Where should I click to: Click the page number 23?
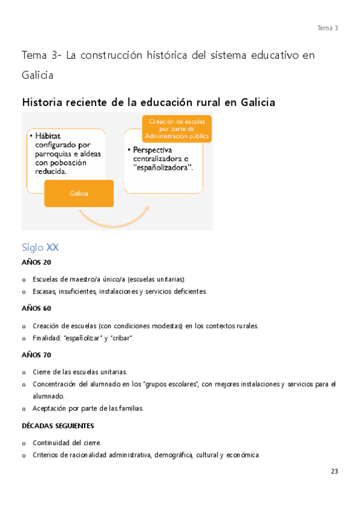(x=334, y=472)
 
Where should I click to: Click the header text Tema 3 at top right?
(x=328, y=28)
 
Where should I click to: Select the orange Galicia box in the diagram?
(x=79, y=194)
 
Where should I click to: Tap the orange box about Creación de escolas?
(x=177, y=129)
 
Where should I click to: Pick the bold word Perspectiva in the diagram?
(x=153, y=150)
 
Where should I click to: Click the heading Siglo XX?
(x=40, y=247)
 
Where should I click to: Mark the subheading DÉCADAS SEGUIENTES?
(x=58, y=426)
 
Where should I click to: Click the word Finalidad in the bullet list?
(x=46, y=339)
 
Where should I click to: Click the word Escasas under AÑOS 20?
(x=44, y=292)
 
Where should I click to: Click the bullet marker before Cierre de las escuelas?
(x=23, y=372)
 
